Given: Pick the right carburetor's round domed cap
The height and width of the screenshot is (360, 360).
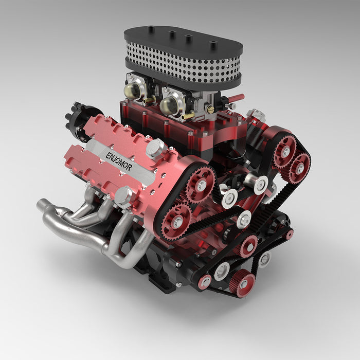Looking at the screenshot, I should coord(170,105).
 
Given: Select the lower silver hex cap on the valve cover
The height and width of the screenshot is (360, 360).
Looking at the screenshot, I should coord(123,195).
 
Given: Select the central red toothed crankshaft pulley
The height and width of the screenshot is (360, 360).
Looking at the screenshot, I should coord(248,246).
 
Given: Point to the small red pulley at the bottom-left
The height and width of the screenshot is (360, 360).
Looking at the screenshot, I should coord(205,282).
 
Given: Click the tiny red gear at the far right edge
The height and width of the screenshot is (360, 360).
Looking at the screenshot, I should coord(289,235).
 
